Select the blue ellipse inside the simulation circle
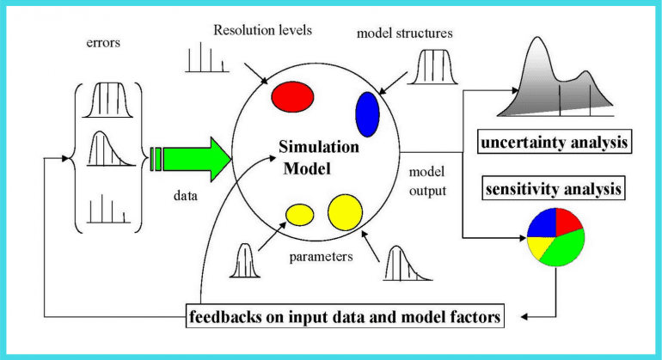tap(367, 113)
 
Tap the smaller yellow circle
tap(301, 214)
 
